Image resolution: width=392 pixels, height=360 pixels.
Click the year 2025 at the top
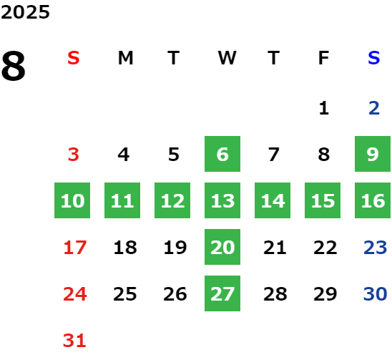coord(25,12)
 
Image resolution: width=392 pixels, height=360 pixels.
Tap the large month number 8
coord(14,66)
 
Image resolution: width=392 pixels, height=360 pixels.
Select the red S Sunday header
coord(74,58)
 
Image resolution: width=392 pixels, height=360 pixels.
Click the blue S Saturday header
coord(374,58)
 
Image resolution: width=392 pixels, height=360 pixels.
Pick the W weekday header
coord(227,58)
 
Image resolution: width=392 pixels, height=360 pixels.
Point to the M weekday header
coord(125,58)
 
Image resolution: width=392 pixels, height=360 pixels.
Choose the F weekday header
coord(324,58)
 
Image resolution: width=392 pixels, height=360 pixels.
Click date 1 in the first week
coord(324,108)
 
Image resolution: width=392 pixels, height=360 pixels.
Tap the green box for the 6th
coord(222,154)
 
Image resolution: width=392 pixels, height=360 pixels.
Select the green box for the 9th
coord(373,154)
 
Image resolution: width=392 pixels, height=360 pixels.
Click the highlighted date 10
coord(72,200)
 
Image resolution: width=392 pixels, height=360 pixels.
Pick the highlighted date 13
coord(222,200)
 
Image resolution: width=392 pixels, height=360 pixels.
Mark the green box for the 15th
coord(323,200)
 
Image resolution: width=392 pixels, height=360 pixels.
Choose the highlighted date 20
coord(222,247)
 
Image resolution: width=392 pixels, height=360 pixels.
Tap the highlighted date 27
coord(222,293)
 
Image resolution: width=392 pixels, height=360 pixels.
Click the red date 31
coord(74,341)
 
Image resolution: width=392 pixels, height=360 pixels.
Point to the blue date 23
coord(376,248)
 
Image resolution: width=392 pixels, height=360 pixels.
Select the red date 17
coord(75,248)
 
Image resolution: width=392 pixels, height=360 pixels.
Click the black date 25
coord(125,294)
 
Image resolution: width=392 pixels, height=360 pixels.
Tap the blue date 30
coord(376,294)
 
